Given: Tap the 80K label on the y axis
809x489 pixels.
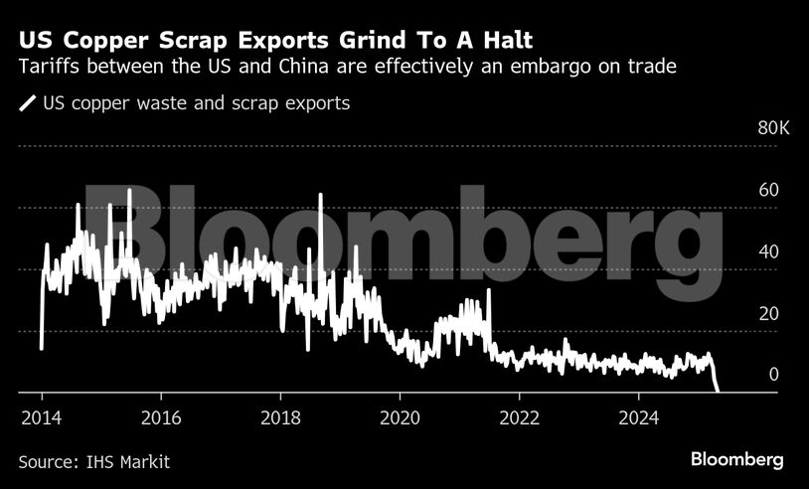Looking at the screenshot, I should click(x=773, y=129).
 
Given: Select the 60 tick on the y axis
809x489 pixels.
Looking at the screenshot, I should click(x=768, y=190).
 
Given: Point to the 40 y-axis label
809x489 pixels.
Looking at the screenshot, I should click(x=768, y=252).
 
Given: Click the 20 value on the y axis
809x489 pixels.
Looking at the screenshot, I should click(x=768, y=314).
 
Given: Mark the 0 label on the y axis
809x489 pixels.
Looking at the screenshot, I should click(x=773, y=376).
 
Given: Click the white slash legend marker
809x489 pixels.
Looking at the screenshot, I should click(x=27, y=102).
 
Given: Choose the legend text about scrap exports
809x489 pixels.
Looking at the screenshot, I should click(x=196, y=102).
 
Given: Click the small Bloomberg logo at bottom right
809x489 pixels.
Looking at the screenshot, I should click(x=736, y=459).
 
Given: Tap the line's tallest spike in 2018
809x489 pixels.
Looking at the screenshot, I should click(x=320, y=195).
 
